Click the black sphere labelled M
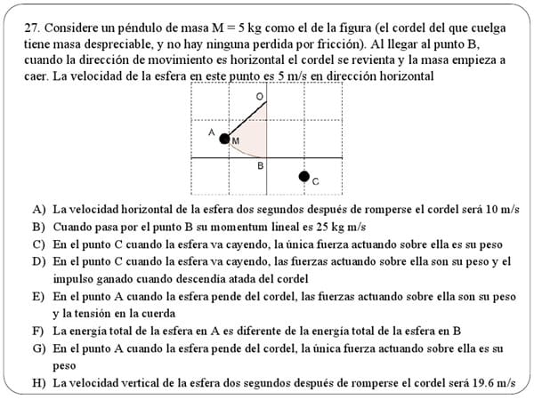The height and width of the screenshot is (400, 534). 224,138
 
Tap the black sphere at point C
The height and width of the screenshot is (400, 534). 303,177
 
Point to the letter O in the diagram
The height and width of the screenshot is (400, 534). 259,95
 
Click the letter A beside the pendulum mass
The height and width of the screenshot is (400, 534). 212,132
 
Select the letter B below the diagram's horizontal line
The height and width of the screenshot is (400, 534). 260,165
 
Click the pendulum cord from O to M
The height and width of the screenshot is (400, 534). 246,118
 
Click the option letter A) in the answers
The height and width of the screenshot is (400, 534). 38,210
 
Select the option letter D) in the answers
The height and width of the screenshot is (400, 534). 38,261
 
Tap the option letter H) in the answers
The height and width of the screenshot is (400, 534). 38,383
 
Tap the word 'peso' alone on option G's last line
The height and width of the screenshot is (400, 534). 64,365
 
